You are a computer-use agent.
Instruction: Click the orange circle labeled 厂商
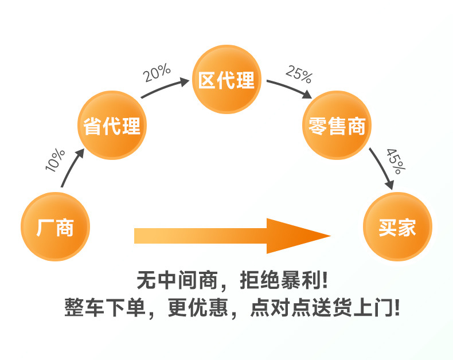(x=55, y=227)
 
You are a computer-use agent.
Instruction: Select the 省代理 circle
(x=112, y=125)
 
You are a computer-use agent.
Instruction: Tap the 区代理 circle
(x=226, y=80)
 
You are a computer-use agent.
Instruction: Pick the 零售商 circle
(x=337, y=125)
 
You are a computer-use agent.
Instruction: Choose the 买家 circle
(x=397, y=227)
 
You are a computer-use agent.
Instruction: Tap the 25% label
(x=298, y=73)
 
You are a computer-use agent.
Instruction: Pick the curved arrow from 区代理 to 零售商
(x=290, y=87)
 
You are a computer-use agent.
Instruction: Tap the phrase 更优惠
(x=198, y=309)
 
